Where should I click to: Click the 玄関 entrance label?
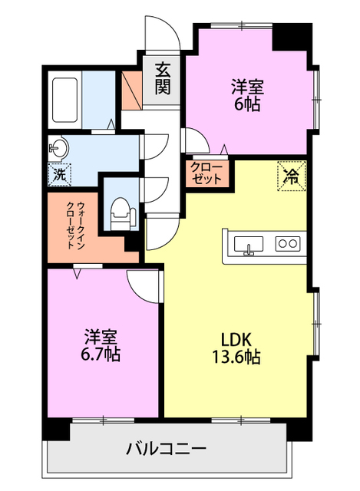click(x=163, y=79)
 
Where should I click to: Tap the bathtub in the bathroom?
click(x=64, y=100)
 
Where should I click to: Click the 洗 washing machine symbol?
click(x=60, y=175)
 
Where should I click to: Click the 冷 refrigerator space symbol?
click(x=292, y=176)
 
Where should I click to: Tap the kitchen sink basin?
click(x=249, y=244)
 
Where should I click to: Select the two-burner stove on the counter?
click(x=288, y=243)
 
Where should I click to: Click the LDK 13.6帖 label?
click(x=236, y=348)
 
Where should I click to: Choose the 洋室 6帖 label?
click(x=247, y=96)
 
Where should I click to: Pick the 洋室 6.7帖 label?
click(x=101, y=345)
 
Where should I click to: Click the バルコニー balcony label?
click(x=167, y=449)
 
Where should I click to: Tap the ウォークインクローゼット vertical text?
click(x=76, y=226)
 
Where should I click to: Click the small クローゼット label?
click(x=206, y=173)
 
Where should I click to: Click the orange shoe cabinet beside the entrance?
click(x=131, y=91)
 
